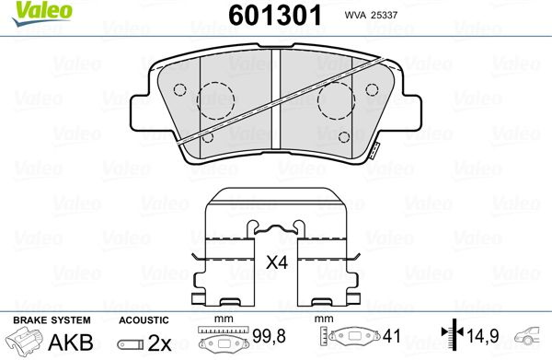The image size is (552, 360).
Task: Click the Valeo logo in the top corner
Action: coord(42,13)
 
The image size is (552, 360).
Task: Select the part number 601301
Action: coord(275,16)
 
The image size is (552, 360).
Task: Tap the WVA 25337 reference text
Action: coord(371,15)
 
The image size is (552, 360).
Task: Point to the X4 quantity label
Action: coord(277,262)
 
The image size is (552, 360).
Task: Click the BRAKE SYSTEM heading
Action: coord(52,320)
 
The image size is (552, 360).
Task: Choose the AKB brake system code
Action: coord(71,343)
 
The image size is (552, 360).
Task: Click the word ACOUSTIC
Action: coord(144,320)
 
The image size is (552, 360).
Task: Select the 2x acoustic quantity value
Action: coord(159,343)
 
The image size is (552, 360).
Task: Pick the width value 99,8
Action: coord(269,336)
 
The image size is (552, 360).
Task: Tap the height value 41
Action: coord(392,336)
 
